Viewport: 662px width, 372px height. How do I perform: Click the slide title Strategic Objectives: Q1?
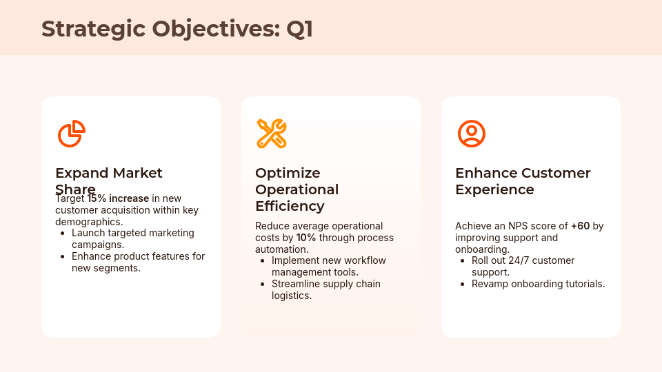[x=177, y=29]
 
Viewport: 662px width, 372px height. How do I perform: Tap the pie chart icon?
[x=71, y=134]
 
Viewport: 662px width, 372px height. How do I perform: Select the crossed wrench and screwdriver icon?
[x=271, y=134]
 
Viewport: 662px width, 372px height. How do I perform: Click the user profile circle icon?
[x=472, y=134]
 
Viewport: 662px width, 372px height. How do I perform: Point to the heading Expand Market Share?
[x=108, y=174]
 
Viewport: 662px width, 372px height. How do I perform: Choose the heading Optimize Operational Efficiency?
[x=297, y=189]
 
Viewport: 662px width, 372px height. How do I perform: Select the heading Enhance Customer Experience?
[x=523, y=181]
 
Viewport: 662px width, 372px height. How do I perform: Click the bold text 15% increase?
[x=118, y=198]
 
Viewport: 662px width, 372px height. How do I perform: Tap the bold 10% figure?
[x=306, y=238]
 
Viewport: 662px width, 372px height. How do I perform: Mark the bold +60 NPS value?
[x=580, y=226]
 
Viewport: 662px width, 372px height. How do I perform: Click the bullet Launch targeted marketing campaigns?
[x=132, y=238]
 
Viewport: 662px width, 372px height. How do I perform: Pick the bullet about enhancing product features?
[x=138, y=262]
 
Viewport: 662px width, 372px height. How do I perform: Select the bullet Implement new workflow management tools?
[x=328, y=266]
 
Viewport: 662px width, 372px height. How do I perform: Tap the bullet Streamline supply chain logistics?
[x=325, y=289]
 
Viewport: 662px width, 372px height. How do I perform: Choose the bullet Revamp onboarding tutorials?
[x=538, y=284]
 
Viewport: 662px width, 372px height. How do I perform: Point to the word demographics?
[x=88, y=222]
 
